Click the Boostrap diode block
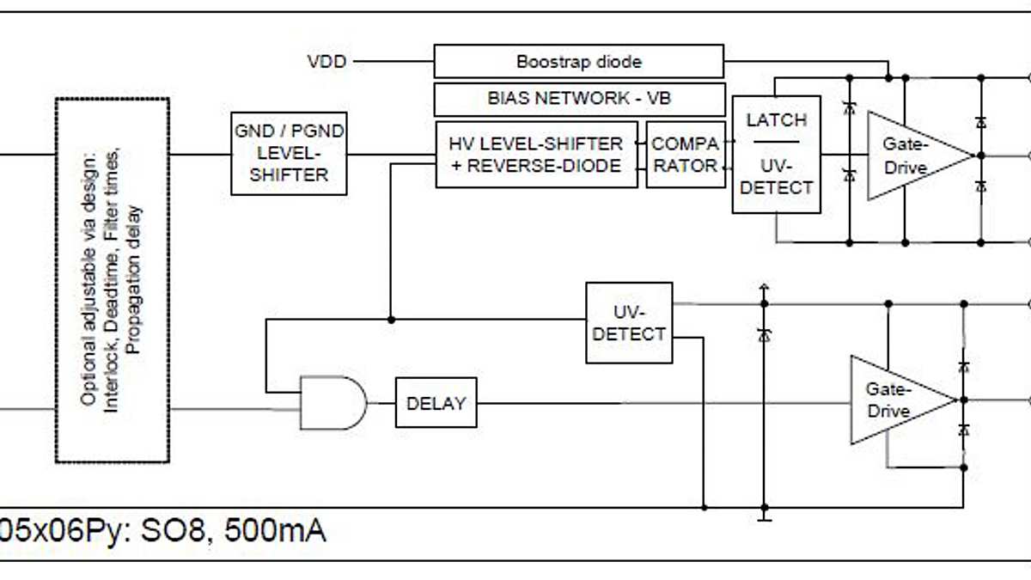pos(578,62)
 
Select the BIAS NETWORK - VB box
pos(578,99)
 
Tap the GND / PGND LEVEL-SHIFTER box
pos(289,153)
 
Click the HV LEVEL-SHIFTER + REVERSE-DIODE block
pos(535,155)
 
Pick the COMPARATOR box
pos(685,155)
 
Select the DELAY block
pos(436,403)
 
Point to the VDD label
pos(327,62)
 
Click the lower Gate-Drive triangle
pos(898,400)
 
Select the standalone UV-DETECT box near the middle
pos(629,322)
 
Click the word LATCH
pos(776,120)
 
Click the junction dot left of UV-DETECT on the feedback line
pos(391,320)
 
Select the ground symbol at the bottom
pos(764,517)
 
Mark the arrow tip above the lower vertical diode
pos(764,286)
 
